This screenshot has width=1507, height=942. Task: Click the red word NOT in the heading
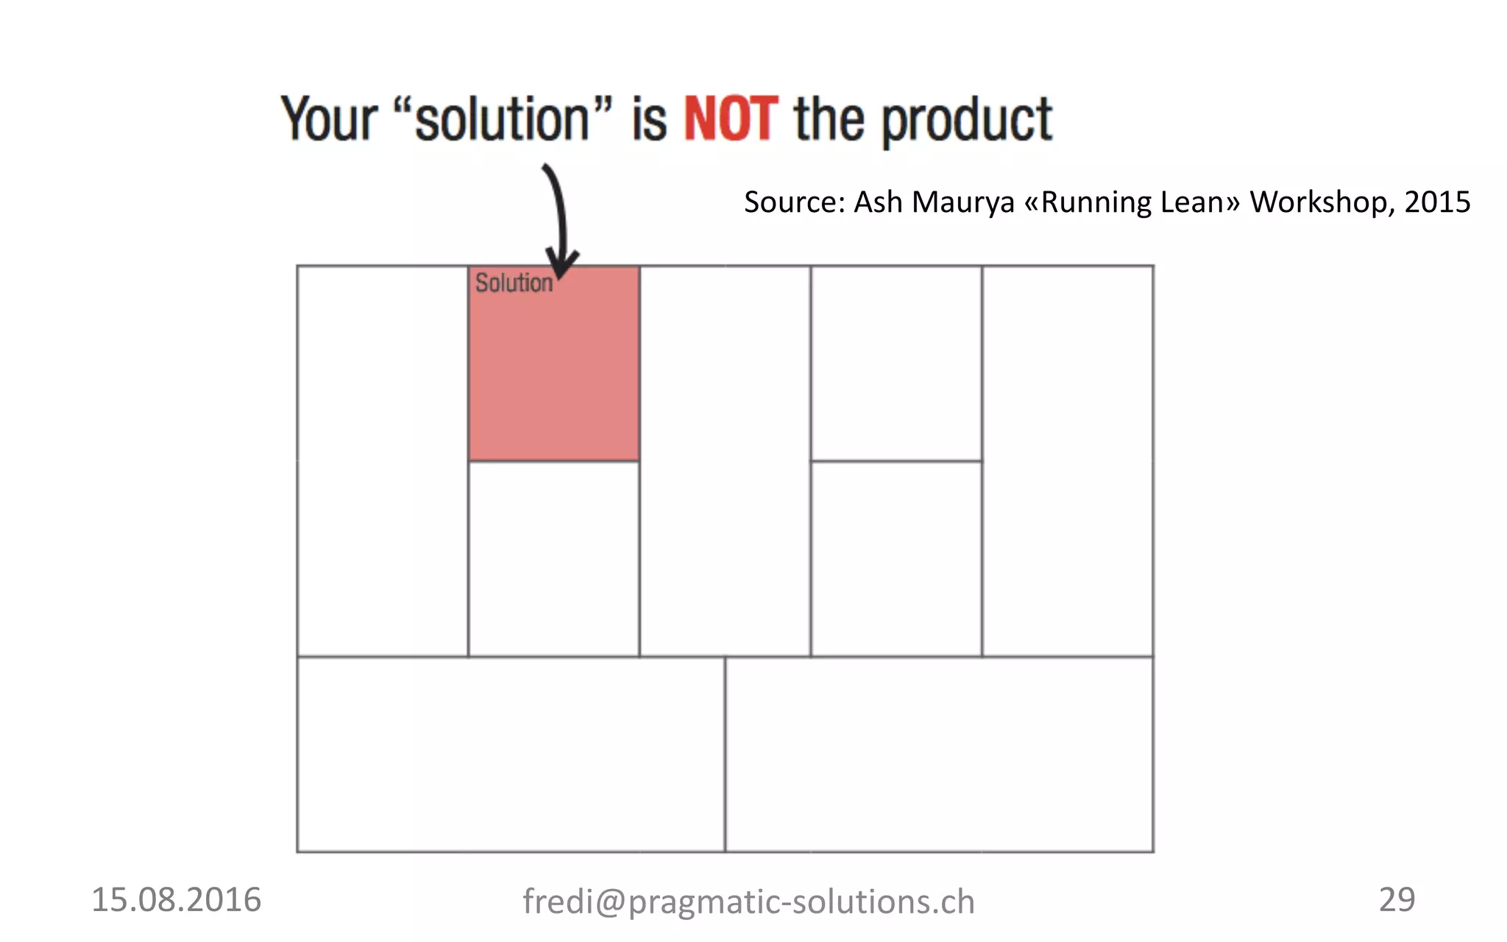click(x=730, y=119)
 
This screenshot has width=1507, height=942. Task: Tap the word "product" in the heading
click(x=967, y=121)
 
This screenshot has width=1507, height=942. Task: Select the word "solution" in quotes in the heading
click(x=503, y=119)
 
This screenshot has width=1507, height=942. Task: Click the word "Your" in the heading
click(x=330, y=119)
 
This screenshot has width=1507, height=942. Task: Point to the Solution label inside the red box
click(x=513, y=283)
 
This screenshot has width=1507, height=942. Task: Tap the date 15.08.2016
click(x=176, y=900)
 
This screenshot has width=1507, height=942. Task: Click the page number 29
click(x=1397, y=899)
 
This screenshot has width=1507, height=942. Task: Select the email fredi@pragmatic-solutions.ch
click(x=748, y=902)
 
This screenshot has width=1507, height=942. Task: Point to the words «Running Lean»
click(x=1132, y=202)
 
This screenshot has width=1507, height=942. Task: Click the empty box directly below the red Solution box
click(x=553, y=559)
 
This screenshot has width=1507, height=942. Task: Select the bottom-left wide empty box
click(x=511, y=754)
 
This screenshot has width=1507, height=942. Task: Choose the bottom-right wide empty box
click(x=939, y=754)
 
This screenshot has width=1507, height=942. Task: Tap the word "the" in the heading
click(x=829, y=119)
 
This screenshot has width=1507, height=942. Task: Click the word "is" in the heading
click(x=649, y=119)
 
